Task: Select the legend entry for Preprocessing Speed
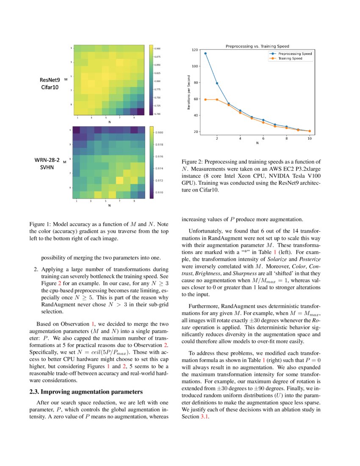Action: click(292, 54)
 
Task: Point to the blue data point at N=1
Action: click(205, 53)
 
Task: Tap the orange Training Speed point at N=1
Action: click(205, 100)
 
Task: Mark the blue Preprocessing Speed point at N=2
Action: click(217, 83)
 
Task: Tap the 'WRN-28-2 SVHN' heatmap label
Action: click(47, 164)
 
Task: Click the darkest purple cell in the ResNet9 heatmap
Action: click(141, 111)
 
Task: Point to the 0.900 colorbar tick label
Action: click(157, 49)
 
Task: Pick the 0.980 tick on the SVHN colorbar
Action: click(157, 132)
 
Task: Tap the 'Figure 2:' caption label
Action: click(193, 161)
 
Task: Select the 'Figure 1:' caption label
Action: click(40, 224)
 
